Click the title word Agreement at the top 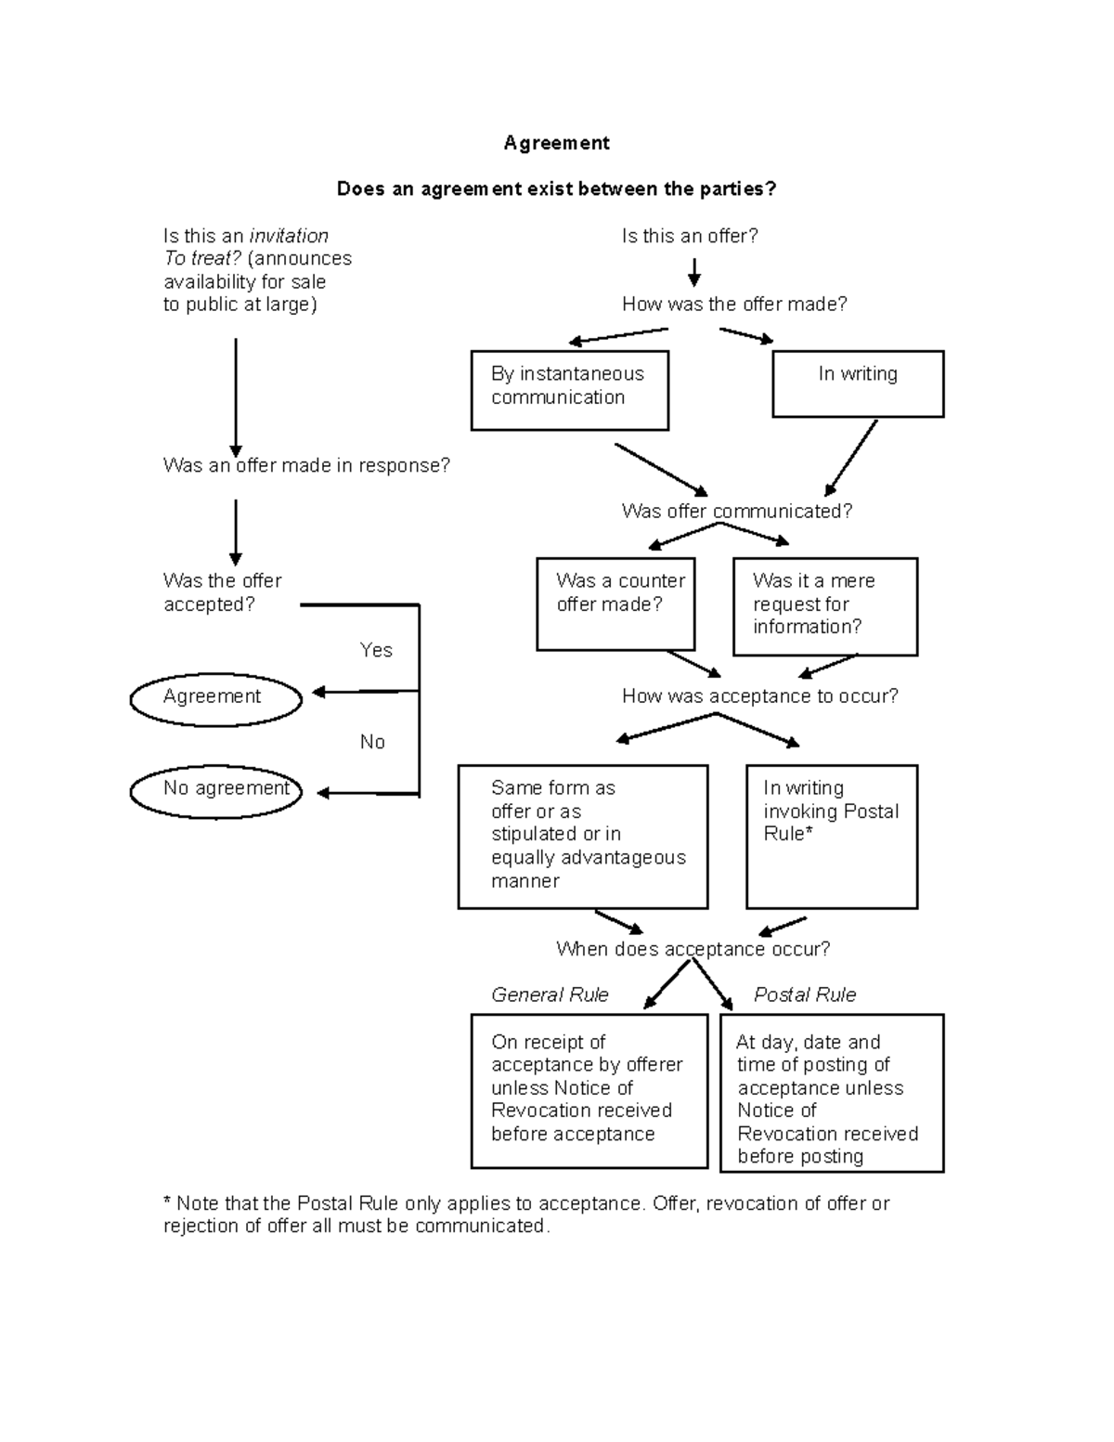click(x=556, y=143)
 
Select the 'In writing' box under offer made click(x=858, y=383)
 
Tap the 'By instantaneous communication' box click(x=569, y=390)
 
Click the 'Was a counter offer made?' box click(x=615, y=604)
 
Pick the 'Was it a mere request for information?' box click(x=824, y=606)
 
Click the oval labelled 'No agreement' click(x=215, y=791)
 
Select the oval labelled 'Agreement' click(x=215, y=699)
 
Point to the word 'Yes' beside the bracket click(x=376, y=650)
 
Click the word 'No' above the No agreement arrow click(x=372, y=742)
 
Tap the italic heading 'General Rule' click(x=550, y=994)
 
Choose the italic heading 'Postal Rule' click(x=804, y=994)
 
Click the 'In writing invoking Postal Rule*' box click(x=831, y=836)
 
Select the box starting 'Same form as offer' click(x=582, y=836)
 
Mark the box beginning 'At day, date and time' click(x=831, y=1093)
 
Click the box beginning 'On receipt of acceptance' click(x=589, y=1090)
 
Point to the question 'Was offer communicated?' click(x=736, y=511)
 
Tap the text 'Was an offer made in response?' click(x=306, y=465)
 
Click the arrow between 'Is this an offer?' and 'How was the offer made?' click(x=693, y=271)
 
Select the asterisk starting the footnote click(x=167, y=1202)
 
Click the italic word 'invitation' click(x=289, y=236)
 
